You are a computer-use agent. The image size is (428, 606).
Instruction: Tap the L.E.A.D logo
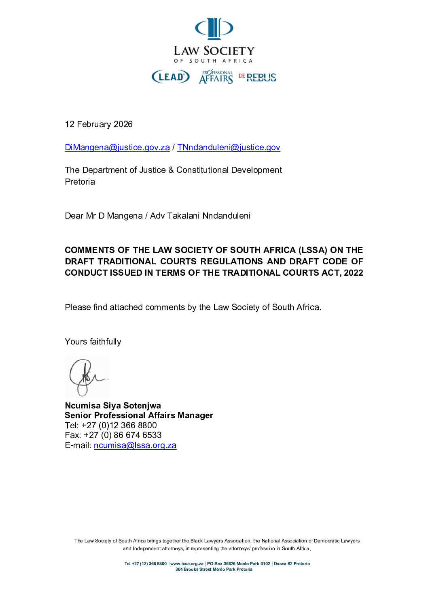click(x=171, y=77)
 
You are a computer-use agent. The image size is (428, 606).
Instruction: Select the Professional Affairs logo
click(x=216, y=77)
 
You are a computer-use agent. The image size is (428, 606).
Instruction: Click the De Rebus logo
click(x=258, y=77)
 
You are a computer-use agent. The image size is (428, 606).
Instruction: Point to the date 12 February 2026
click(x=99, y=124)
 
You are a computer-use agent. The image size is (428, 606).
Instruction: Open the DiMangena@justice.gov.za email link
click(x=117, y=147)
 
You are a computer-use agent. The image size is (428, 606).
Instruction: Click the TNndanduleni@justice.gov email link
click(x=229, y=147)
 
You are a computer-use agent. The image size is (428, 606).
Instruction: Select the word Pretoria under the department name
click(x=80, y=182)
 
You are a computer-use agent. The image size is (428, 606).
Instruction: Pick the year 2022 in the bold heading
click(x=354, y=273)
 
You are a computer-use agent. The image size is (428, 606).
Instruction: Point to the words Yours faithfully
click(x=93, y=342)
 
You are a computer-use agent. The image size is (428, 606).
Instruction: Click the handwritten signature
click(x=87, y=377)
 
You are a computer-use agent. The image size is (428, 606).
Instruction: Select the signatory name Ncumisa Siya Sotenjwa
click(x=113, y=406)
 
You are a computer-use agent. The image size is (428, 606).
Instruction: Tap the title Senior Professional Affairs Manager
click(x=139, y=415)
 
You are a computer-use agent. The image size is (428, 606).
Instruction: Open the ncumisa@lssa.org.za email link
click(x=135, y=445)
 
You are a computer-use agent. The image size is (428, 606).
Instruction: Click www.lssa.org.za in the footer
click(x=187, y=563)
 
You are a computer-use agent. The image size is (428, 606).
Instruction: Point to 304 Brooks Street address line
click(x=214, y=569)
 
